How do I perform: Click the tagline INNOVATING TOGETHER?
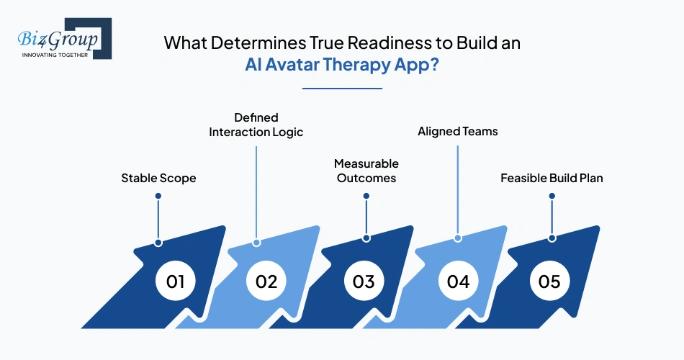point(55,55)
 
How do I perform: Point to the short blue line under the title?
point(342,88)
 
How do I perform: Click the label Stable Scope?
point(158,177)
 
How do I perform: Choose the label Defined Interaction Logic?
point(256,125)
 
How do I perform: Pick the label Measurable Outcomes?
point(366,171)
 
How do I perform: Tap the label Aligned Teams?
point(457,132)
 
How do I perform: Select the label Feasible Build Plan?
point(552,177)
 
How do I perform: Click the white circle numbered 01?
point(176,281)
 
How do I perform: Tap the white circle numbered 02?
point(266,281)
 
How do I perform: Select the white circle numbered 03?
point(364,281)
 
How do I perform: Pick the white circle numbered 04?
point(458,281)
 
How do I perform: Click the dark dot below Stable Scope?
point(158,196)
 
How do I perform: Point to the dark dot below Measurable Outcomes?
point(366,195)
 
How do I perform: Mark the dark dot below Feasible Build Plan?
point(552,195)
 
